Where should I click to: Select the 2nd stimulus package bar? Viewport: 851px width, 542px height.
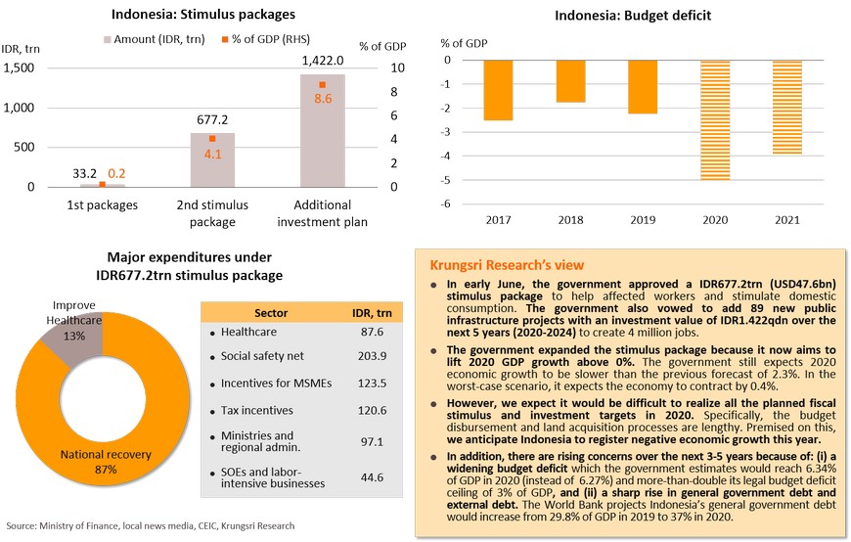tap(212, 159)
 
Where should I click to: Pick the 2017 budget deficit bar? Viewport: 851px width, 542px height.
tap(498, 90)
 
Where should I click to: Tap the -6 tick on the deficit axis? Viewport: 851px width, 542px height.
tap(445, 204)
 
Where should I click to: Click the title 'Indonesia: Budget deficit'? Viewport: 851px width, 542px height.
tap(632, 15)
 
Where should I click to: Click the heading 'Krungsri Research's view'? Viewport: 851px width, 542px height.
tap(507, 265)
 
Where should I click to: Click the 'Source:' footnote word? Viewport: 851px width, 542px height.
tap(22, 525)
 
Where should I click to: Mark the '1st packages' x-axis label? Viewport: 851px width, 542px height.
tap(103, 204)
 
